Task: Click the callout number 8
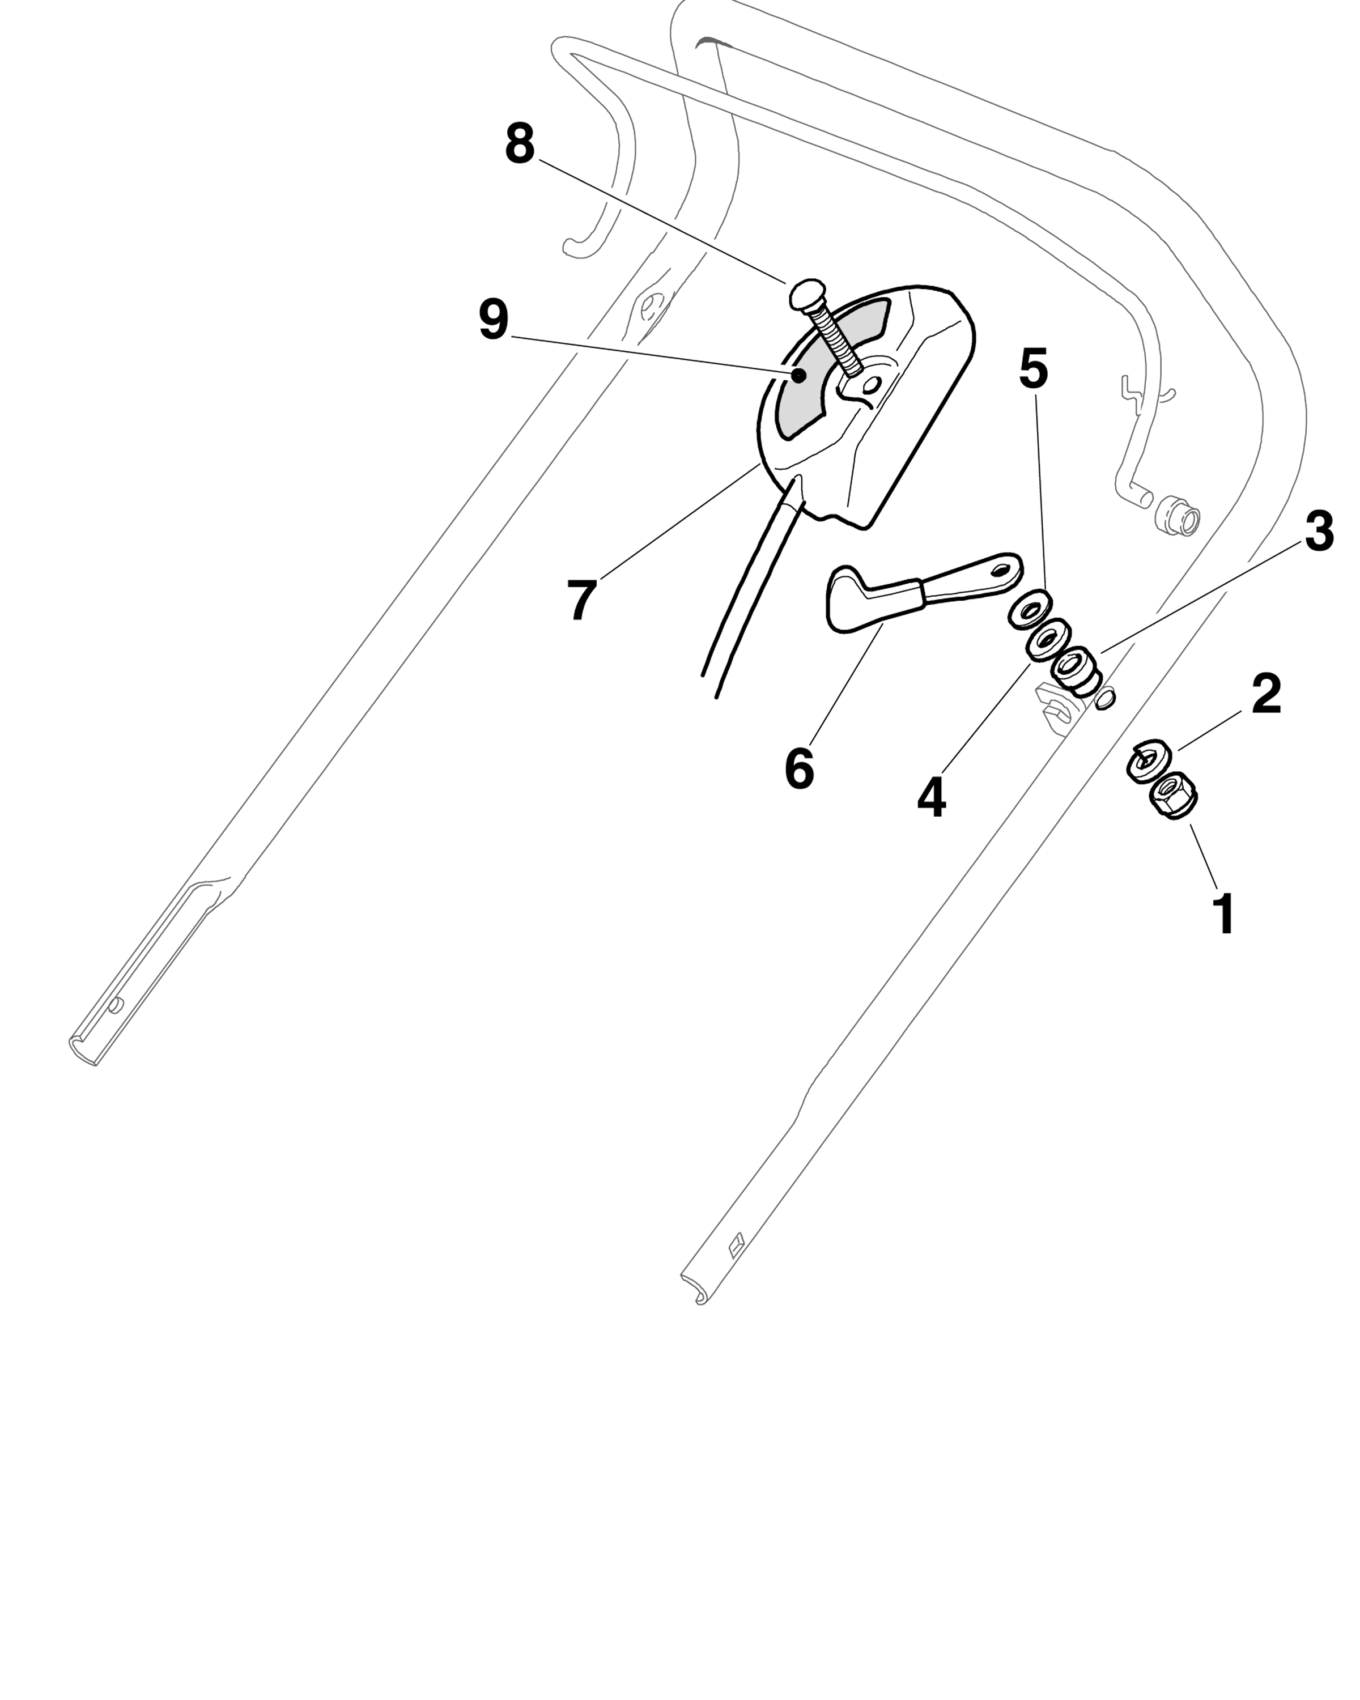coord(520,144)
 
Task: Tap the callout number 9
coord(494,320)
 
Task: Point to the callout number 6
coord(798,769)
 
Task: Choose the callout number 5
coord(1033,368)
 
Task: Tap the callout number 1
coord(1223,914)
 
